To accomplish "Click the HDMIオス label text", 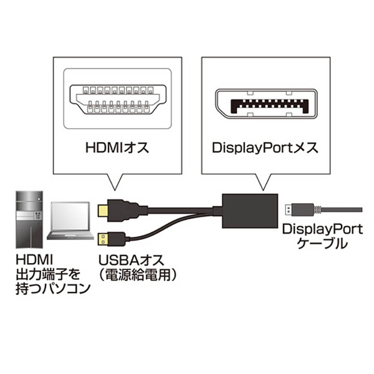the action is click(x=117, y=148).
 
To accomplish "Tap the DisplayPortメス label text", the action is click(x=265, y=148).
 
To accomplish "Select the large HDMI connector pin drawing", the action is click(x=118, y=99).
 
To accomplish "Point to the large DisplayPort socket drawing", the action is click(x=266, y=103).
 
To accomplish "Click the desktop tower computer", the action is click(x=29, y=219).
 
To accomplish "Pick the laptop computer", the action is click(x=70, y=221).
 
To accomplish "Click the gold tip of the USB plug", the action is click(x=103, y=240).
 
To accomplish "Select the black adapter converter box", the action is click(x=250, y=211).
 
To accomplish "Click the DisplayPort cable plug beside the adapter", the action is click(x=300, y=210).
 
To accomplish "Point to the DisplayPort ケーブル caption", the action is click(x=322, y=236).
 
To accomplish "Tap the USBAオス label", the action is click(x=132, y=260).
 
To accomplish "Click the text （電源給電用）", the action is click(x=138, y=275).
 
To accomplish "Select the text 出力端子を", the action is click(x=48, y=274).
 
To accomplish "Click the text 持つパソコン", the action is click(x=53, y=289).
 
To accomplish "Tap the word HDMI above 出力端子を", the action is click(x=34, y=260).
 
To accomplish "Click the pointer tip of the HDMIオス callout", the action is click(x=115, y=190).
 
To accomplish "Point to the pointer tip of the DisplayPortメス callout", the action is click(x=263, y=190).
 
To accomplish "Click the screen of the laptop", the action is click(x=70, y=216).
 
